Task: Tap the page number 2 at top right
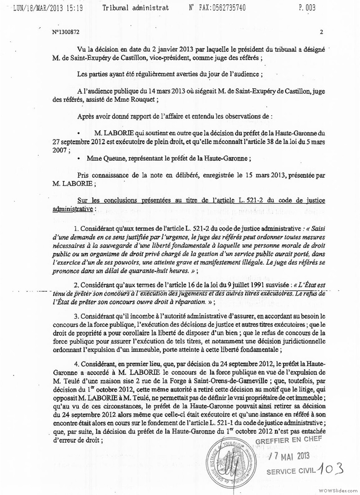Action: pyautogui.click(x=321, y=32)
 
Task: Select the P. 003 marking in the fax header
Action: pyautogui.click(x=306, y=8)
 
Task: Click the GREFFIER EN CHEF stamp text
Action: pyautogui.click(x=288, y=440)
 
